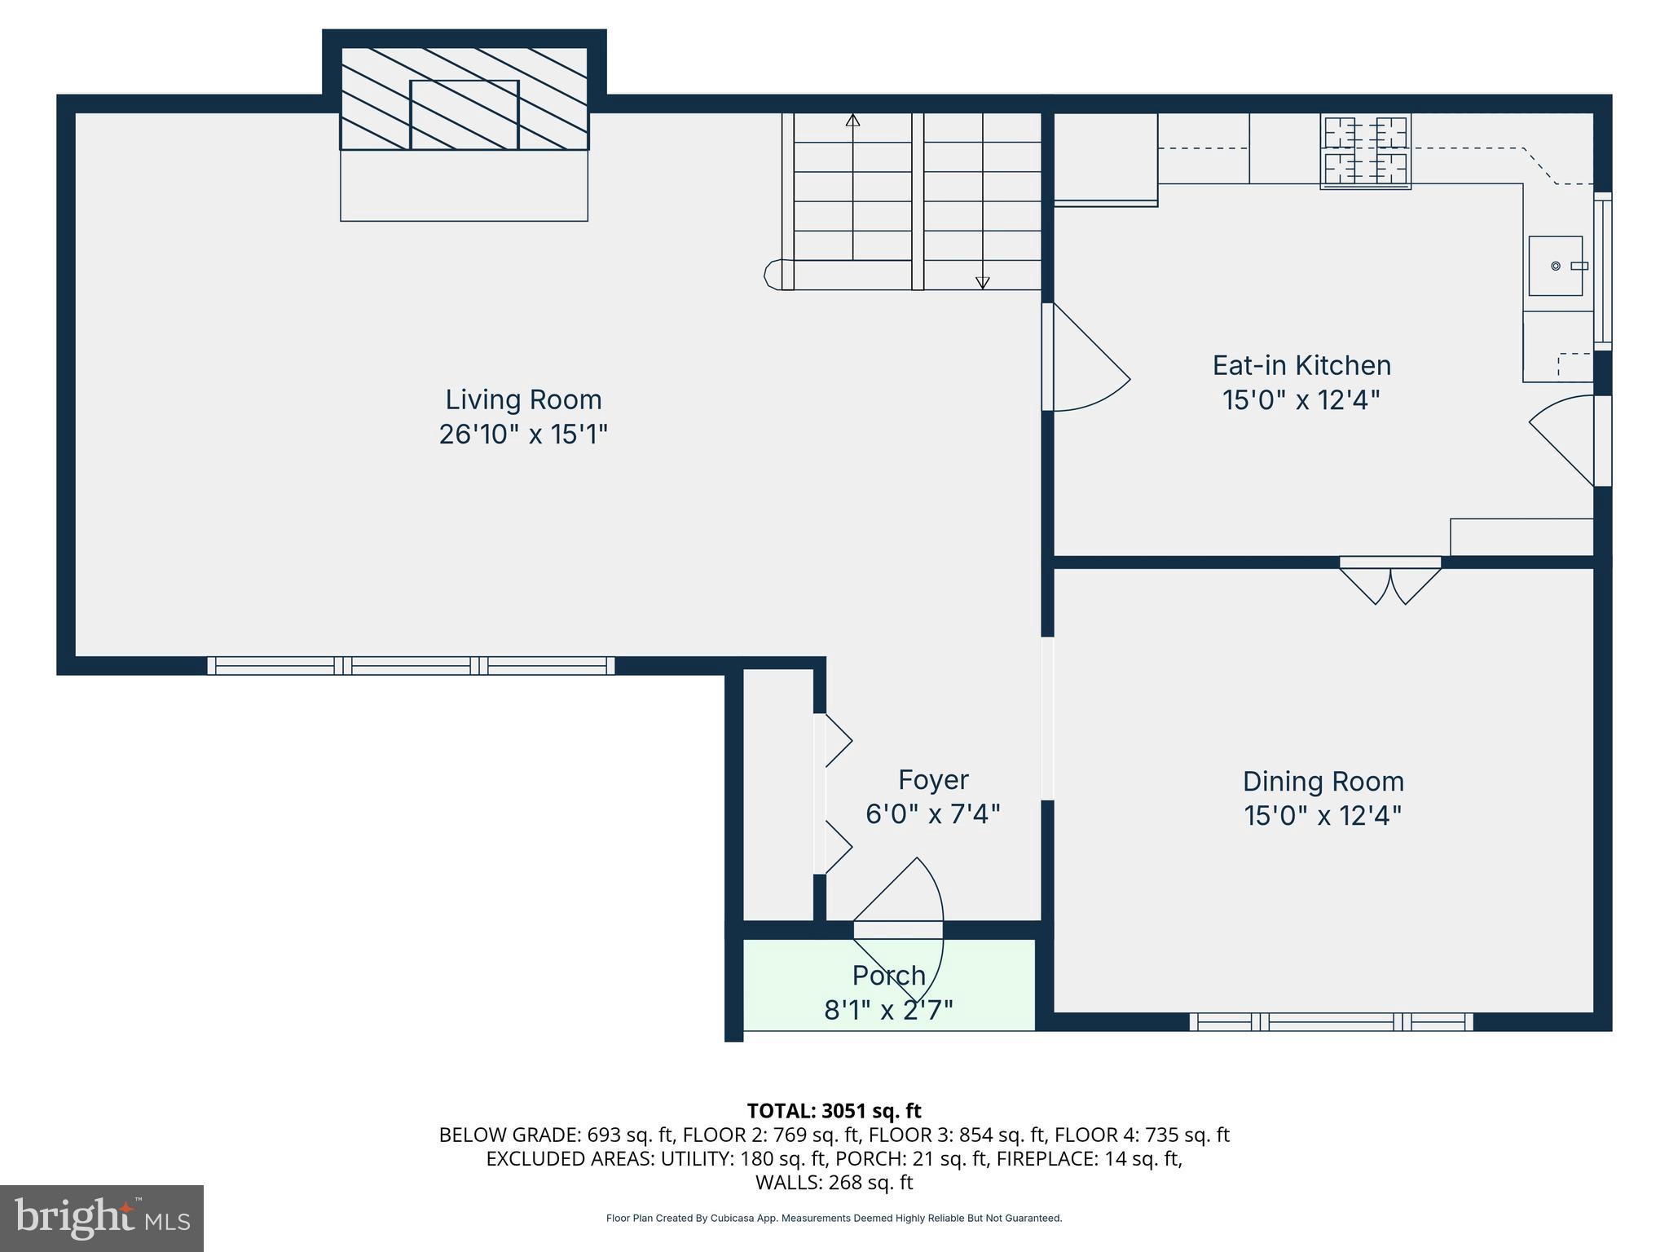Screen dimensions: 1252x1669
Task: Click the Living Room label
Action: click(523, 399)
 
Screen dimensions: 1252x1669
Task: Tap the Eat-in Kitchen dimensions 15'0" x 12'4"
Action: click(1301, 400)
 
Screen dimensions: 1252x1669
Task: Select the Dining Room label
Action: click(1323, 781)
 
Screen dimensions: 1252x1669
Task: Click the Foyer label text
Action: click(933, 779)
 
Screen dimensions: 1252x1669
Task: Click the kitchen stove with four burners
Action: click(1365, 152)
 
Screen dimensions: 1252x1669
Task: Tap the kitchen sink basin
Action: click(1554, 266)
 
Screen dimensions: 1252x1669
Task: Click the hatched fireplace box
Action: click(464, 99)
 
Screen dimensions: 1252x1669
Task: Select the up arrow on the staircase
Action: click(852, 121)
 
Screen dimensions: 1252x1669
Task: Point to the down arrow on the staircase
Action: click(982, 282)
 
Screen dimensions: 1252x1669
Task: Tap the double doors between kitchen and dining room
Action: click(1389, 580)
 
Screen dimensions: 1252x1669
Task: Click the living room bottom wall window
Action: click(411, 666)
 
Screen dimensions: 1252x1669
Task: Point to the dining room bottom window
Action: click(1331, 1021)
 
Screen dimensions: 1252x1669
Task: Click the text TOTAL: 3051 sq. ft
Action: click(834, 1110)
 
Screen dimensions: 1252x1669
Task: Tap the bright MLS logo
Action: click(101, 1218)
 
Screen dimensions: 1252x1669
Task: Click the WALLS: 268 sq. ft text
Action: click(834, 1182)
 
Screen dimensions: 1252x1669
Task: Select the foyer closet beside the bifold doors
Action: click(778, 795)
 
